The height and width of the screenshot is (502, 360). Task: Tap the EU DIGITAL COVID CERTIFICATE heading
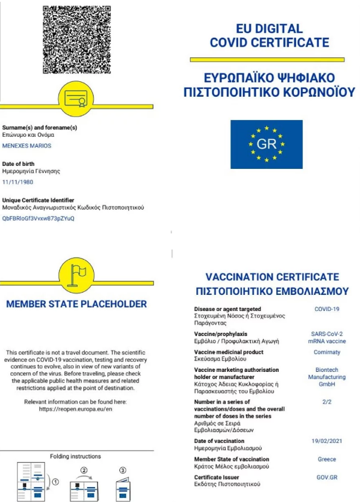(x=269, y=35)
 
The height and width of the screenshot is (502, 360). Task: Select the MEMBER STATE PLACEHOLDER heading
(x=76, y=304)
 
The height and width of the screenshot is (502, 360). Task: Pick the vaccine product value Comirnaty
(x=327, y=352)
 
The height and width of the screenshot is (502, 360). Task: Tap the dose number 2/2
(x=327, y=403)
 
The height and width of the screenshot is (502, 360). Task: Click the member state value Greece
(x=327, y=459)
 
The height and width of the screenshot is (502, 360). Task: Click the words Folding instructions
(x=76, y=457)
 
